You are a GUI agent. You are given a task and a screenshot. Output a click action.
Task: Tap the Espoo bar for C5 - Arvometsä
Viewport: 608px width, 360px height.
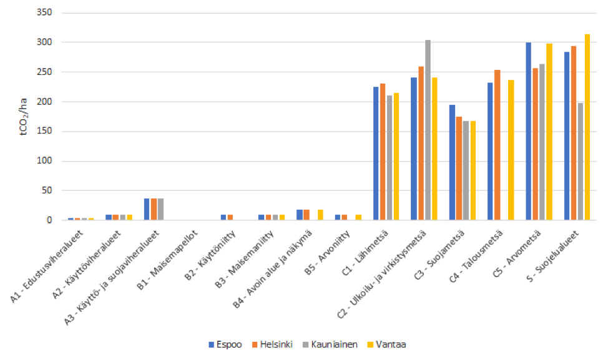(x=528, y=131)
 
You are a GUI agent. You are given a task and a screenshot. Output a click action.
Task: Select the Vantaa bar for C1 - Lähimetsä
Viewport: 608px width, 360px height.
(x=396, y=177)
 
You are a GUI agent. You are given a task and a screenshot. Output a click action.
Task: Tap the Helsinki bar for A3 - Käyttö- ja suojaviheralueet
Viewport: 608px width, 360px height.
(x=154, y=209)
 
